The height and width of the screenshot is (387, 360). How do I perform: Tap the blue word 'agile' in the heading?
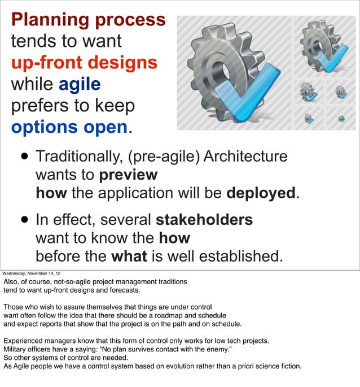pos(80,85)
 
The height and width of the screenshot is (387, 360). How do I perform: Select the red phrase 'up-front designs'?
pos(84,63)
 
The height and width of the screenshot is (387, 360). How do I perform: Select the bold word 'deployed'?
pos(261,193)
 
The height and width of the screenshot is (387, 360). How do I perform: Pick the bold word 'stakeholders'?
pos(204,219)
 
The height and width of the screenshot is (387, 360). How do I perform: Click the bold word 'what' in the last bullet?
pos(129,256)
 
